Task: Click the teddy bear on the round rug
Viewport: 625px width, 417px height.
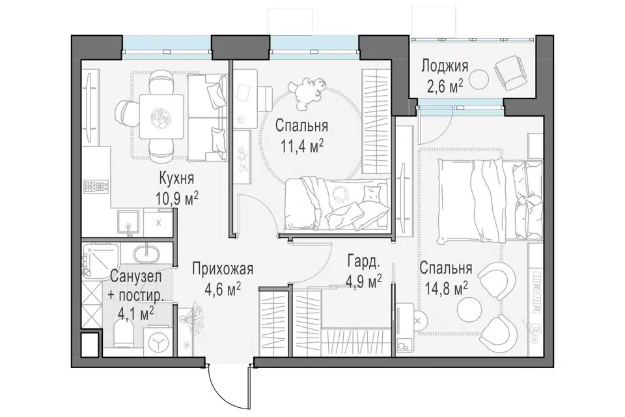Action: pyautogui.click(x=310, y=93)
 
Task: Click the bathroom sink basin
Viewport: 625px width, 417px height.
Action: pyautogui.click(x=146, y=254)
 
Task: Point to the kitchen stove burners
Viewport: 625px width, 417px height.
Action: pyautogui.click(x=96, y=187)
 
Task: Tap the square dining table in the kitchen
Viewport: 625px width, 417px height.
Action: pyautogui.click(x=161, y=116)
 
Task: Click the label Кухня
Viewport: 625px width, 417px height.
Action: pyautogui.click(x=176, y=178)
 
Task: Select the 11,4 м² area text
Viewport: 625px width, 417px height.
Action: pyautogui.click(x=301, y=147)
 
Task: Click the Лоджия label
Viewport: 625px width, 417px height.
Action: pyautogui.click(x=445, y=65)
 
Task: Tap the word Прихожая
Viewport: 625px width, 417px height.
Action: pyautogui.click(x=223, y=269)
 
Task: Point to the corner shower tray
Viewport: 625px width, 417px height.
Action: pyautogui.click(x=102, y=260)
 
